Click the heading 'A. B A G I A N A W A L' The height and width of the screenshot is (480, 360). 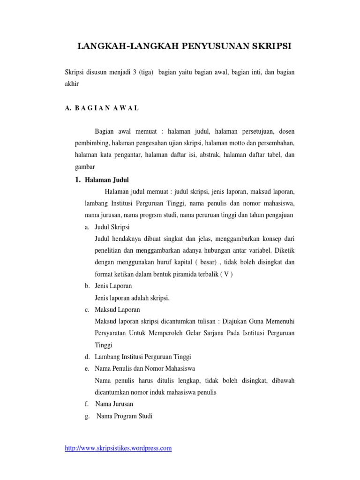(x=102, y=108)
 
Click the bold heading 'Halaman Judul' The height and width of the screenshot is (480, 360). (x=107, y=180)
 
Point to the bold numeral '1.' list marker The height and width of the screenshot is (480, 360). (x=78, y=180)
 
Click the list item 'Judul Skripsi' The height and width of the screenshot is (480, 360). (x=113, y=227)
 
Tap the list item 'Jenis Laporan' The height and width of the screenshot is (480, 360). (x=113, y=286)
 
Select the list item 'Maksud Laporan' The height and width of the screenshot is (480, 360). (x=117, y=310)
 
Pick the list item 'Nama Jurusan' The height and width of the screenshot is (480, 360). (x=114, y=404)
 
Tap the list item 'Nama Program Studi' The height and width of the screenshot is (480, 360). (x=124, y=415)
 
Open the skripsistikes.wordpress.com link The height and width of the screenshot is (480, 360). (x=118, y=448)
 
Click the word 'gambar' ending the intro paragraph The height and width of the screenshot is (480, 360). (x=85, y=166)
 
